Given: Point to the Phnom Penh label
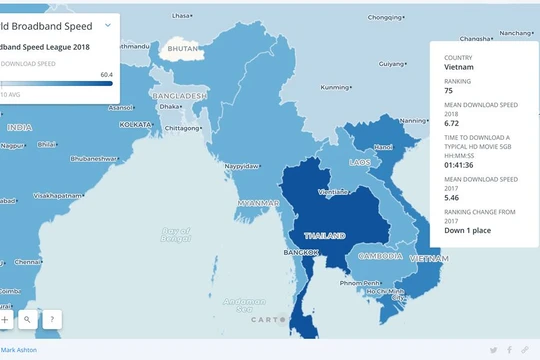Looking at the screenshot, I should [x=367, y=283].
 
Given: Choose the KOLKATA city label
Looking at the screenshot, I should [x=135, y=125].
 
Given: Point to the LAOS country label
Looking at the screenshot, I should [x=360, y=161].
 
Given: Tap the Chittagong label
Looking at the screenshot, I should [x=183, y=128].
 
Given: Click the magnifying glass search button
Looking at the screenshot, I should [x=27, y=319].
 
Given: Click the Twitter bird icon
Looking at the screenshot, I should [x=492, y=350].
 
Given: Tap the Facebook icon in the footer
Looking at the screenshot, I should [x=510, y=350].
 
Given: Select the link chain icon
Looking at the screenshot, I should [x=525, y=350].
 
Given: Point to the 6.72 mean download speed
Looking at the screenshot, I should [x=454, y=123].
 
